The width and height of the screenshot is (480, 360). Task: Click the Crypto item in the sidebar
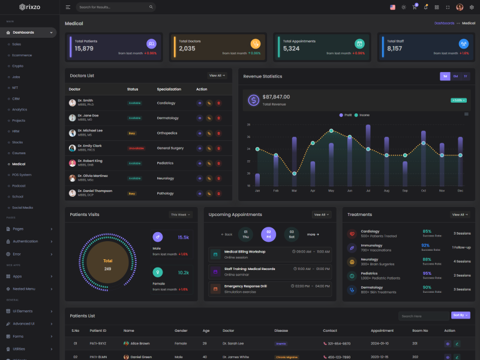coord(18,66)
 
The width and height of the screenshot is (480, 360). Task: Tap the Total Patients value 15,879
coord(84,49)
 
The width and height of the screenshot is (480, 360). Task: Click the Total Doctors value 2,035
coord(187,49)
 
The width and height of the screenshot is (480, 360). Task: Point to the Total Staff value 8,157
coord(395,49)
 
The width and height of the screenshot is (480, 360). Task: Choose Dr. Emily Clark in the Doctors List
coord(89,146)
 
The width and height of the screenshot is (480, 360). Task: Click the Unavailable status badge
coord(136,148)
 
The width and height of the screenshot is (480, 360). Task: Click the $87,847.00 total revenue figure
coord(276,97)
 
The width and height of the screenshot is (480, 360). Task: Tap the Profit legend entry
coord(346,115)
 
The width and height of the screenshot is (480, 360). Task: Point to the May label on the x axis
coord(331,191)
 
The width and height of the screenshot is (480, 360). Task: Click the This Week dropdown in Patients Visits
coord(181,214)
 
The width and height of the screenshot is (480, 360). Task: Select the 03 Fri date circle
coord(269,234)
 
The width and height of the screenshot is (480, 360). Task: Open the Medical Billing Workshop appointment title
coord(245,251)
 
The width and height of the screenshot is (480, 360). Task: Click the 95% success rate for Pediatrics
coord(427,273)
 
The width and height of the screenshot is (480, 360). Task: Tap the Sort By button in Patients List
coord(460,315)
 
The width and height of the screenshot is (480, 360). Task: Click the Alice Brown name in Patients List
coord(140,343)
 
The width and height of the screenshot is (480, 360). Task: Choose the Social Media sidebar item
coord(22,208)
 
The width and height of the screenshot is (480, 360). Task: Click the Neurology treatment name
coord(370,259)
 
